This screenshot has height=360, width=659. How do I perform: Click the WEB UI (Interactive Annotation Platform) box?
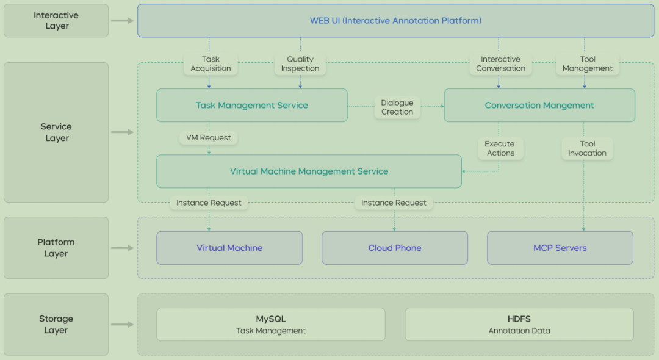click(395, 21)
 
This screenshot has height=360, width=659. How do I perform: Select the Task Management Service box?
click(251, 105)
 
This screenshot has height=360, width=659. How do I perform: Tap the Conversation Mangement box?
click(539, 105)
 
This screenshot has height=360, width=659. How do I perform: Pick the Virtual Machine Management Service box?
click(309, 171)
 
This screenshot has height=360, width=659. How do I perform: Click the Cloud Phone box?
click(394, 248)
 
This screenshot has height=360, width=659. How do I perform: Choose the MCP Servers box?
click(560, 248)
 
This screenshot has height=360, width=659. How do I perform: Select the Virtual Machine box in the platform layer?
click(229, 248)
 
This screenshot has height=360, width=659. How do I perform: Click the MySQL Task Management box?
click(270, 325)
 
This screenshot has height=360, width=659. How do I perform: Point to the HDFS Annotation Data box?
click(519, 325)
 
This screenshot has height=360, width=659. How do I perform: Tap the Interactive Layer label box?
click(56, 21)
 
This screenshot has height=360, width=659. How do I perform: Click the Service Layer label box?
click(56, 132)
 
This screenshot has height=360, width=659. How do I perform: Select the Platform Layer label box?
click(56, 248)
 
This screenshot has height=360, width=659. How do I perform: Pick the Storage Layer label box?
click(56, 325)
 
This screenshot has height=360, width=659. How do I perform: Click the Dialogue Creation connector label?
click(397, 107)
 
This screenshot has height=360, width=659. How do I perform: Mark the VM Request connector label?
click(209, 138)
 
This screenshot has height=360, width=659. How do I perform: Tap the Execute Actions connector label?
click(500, 148)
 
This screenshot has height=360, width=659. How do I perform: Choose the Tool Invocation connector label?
click(587, 148)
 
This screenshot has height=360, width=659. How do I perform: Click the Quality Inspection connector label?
click(300, 63)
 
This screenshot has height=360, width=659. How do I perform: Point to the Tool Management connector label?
click(587, 63)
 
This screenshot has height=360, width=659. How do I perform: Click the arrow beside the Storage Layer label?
click(123, 325)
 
